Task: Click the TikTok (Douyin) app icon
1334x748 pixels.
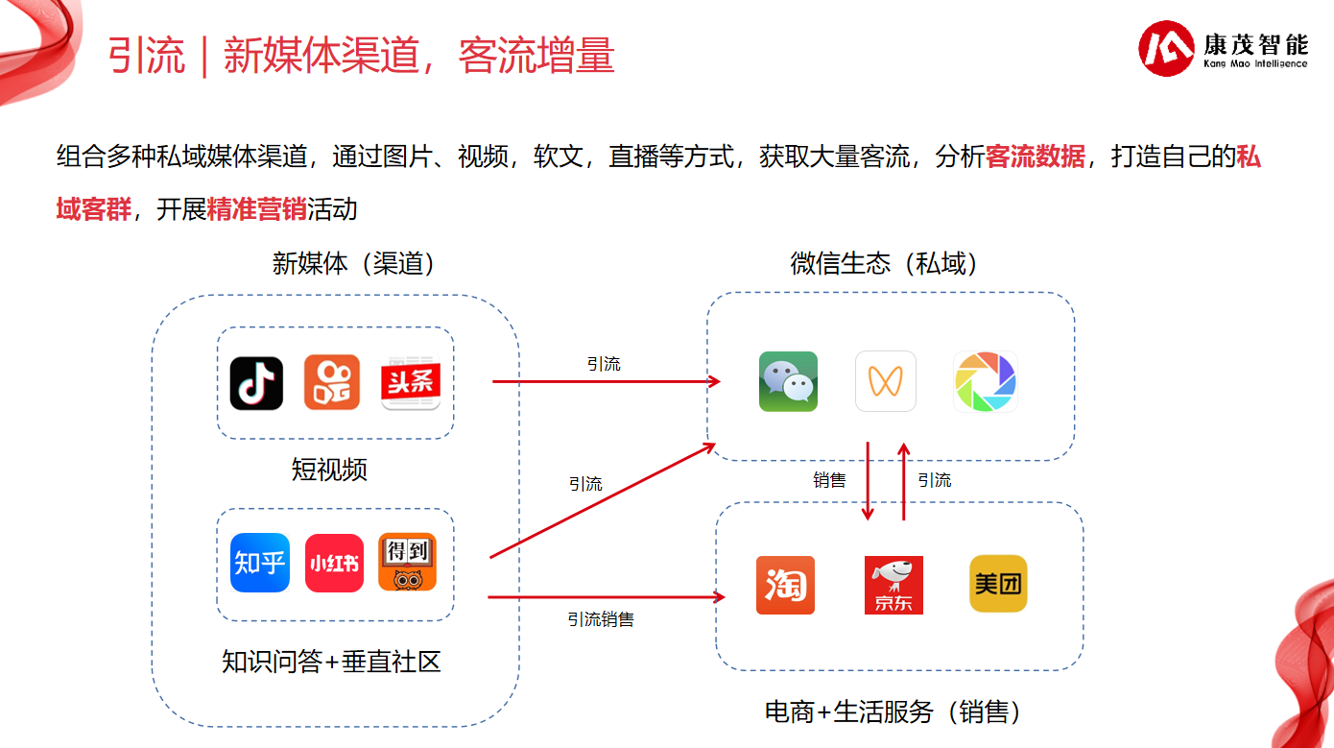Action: pos(256,383)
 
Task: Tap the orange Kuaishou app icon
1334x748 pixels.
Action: pos(332,382)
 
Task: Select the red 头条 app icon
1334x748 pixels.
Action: pos(411,383)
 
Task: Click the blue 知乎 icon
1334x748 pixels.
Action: pos(261,563)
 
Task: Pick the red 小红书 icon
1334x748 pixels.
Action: pos(334,563)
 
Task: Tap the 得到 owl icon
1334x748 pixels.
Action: pos(408,562)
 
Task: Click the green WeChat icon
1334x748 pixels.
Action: pos(789,381)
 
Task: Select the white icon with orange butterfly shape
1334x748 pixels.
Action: pos(886,381)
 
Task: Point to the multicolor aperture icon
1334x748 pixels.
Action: pos(986,381)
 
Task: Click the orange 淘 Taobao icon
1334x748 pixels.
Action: pos(785,585)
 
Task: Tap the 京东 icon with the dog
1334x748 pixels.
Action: pos(893,585)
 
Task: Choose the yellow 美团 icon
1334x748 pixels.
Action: pos(998,584)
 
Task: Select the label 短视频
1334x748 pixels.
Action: pos(329,469)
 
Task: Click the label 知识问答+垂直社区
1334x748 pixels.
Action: pos(331,661)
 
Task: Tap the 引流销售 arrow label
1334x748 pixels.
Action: pos(601,619)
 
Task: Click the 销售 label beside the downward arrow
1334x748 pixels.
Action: pos(830,480)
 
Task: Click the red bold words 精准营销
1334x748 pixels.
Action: pos(257,209)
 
